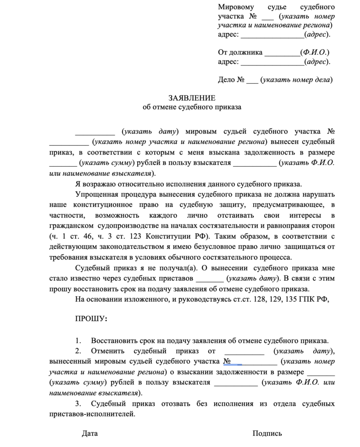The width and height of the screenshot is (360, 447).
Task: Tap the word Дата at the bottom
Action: click(x=90, y=433)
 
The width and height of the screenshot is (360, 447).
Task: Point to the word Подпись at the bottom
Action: click(x=267, y=433)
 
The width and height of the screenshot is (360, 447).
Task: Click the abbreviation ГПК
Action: click(x=308, y=299)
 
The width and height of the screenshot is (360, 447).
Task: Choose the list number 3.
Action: click(x=78, y=403)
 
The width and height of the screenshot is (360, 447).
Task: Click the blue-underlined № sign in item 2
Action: click(x=227, y=361)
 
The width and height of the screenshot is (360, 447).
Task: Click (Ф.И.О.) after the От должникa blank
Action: click(x=315, y=52)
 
